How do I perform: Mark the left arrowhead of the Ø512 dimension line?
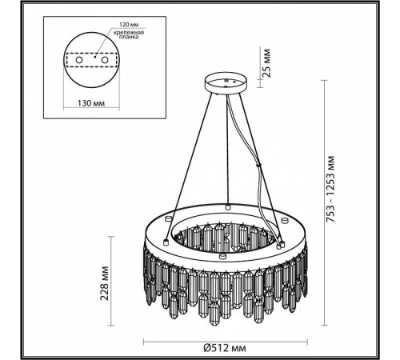click(142, 336)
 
